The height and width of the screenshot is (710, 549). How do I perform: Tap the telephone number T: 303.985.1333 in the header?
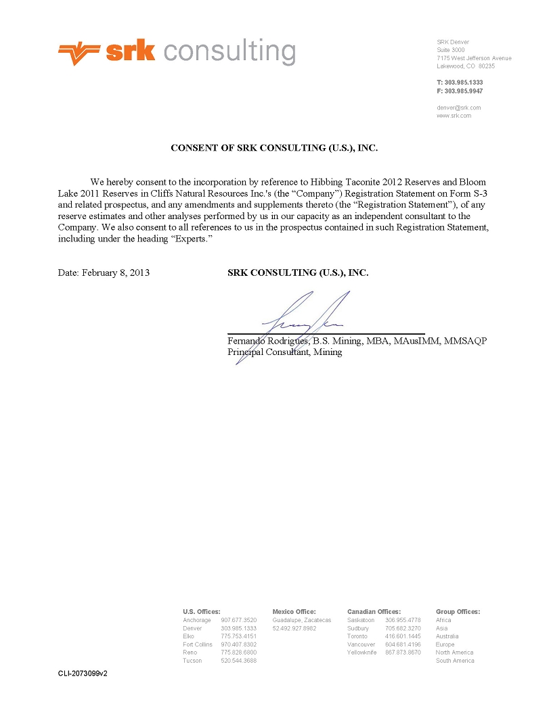pos(460,82)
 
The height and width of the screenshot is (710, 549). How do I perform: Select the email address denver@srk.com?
pos(459,108)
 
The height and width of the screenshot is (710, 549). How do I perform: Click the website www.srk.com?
pos(454,116)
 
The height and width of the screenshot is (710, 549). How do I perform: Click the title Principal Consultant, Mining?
pos(285,352)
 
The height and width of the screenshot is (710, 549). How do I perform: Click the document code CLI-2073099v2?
pos(83,674)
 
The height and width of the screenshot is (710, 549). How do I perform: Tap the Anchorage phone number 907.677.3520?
pos(238,620)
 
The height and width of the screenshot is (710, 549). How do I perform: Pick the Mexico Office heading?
pos(294,612)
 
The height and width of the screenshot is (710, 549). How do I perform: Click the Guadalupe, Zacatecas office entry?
pos(302,620)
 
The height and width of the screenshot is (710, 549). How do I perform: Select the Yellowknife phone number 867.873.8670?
pos(403,653)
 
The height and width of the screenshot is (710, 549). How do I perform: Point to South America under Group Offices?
pos(455,661)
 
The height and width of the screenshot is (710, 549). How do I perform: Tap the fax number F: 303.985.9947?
pos(460,91)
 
